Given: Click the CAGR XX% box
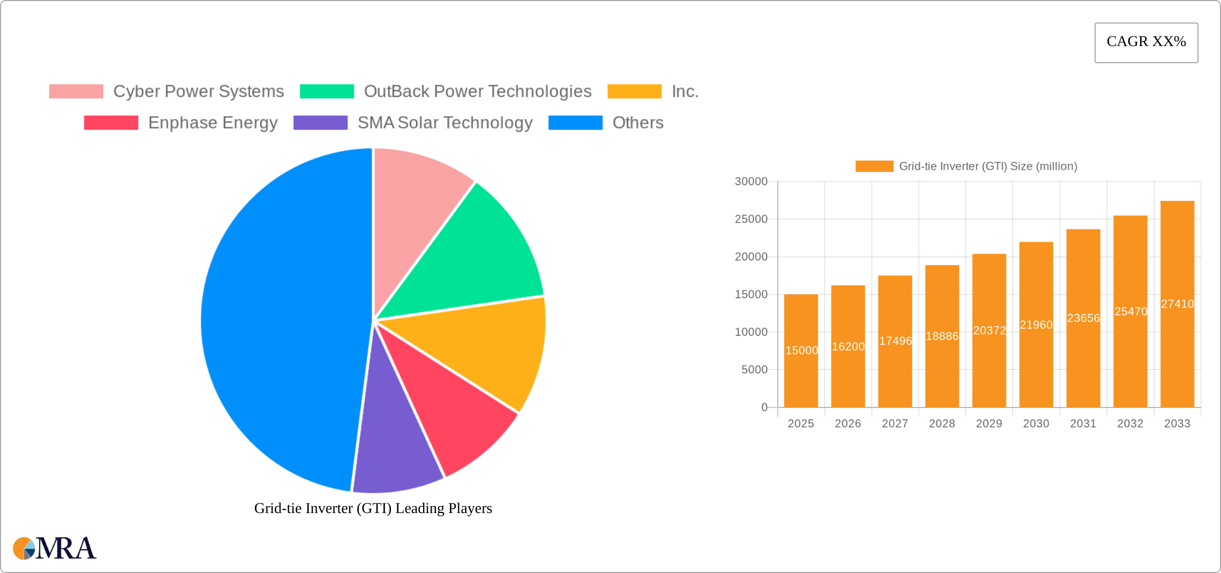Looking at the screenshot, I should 1146,42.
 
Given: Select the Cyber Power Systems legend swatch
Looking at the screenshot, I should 76,92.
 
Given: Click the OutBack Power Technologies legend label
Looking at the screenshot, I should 477,92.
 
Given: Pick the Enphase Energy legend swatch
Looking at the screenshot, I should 111,123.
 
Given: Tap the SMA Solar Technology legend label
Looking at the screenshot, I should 444,123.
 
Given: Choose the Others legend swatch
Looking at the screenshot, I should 575,123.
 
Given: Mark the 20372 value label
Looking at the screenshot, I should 989,330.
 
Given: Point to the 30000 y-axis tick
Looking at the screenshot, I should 751,182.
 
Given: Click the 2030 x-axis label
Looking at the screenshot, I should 1036,424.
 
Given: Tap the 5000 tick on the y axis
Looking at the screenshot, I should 754,370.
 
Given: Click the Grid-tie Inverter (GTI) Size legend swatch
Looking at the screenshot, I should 874,167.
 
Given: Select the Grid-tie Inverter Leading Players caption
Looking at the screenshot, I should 373,508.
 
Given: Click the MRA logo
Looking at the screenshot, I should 55,548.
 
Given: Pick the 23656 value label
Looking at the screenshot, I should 1083,318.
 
